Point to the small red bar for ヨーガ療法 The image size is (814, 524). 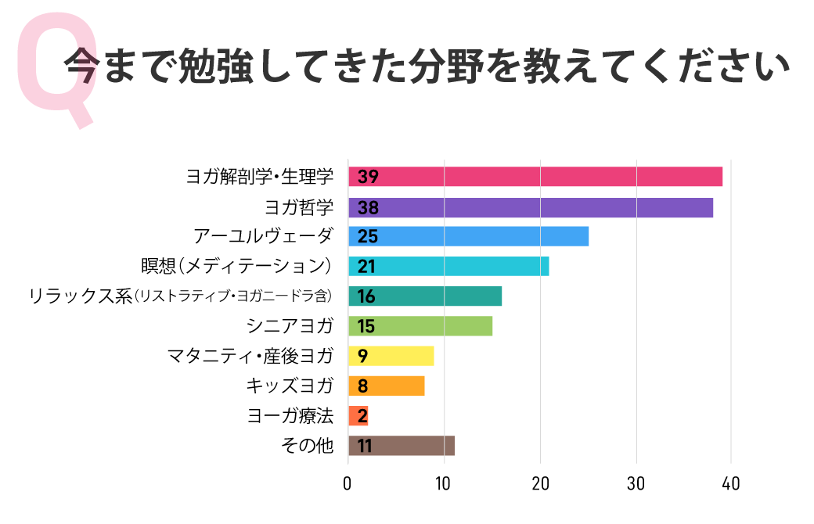point(358,415)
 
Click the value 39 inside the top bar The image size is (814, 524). point(368,177)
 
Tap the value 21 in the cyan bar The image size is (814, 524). point(366,267)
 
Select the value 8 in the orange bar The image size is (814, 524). point(362,386)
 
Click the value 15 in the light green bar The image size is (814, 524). point(366,326)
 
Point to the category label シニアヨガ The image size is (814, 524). point(289,326)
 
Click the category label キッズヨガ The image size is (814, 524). point(289,386)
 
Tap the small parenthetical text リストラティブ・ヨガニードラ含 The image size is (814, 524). point(233,297)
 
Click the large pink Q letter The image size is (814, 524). point(58,74)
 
